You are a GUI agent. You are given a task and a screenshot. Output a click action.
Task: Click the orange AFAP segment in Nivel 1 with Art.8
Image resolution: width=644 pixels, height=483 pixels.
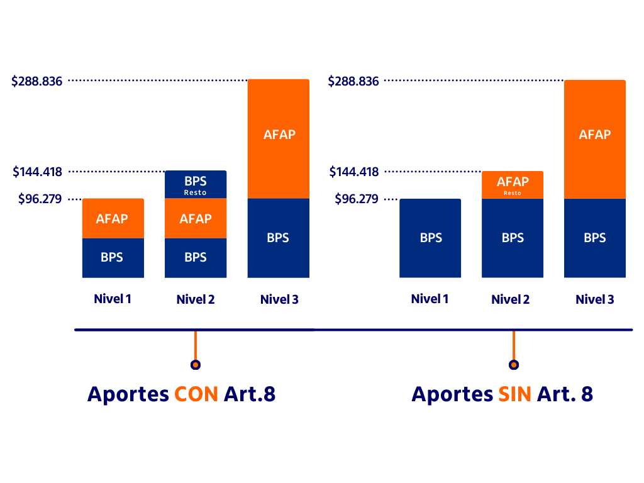(x=113, y=218)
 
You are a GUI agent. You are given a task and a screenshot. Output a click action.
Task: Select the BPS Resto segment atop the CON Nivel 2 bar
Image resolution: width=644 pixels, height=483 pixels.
(x=196, y=184)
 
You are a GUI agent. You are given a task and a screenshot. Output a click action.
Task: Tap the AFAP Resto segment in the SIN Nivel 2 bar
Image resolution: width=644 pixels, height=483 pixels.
(x=513, y=185)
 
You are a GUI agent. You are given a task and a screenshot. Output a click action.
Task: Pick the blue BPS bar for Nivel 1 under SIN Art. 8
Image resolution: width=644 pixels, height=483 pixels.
(x=430, y=238)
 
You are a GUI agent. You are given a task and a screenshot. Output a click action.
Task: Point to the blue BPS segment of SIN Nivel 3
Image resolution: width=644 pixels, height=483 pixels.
(x=594, y=238)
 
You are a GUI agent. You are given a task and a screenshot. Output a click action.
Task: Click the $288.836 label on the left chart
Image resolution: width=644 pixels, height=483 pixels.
(x=37, y=81)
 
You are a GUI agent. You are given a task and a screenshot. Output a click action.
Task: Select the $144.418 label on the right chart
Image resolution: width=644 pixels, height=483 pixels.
(x=354, y=172)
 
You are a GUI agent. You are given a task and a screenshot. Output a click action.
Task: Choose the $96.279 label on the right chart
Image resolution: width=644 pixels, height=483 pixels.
(x=357, y=199)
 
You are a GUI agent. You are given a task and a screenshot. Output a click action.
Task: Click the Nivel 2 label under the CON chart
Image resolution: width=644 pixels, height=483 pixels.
(x=196, y=300)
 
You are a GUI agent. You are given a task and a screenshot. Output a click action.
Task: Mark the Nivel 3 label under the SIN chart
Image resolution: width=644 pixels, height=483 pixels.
(x=594, y=300)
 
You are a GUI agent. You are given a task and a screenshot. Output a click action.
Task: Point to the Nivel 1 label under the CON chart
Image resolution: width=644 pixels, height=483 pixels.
(x=113, y=299)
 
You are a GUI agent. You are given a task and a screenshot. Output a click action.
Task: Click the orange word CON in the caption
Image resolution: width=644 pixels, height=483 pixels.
(x=196, y=394)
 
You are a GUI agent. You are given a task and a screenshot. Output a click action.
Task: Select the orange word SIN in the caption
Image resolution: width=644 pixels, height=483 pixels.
(x=514, y=394)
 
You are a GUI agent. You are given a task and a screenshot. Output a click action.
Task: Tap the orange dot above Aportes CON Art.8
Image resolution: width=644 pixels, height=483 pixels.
(x=196, y=365)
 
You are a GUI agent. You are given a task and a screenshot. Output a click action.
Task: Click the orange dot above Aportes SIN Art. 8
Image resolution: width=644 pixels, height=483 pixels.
(x=514, y=365)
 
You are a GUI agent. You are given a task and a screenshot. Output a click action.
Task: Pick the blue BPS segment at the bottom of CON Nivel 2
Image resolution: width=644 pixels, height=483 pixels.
(x=196, y=258)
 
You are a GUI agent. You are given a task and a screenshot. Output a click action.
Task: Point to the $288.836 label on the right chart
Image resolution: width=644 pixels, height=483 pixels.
(x=354, y=81)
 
